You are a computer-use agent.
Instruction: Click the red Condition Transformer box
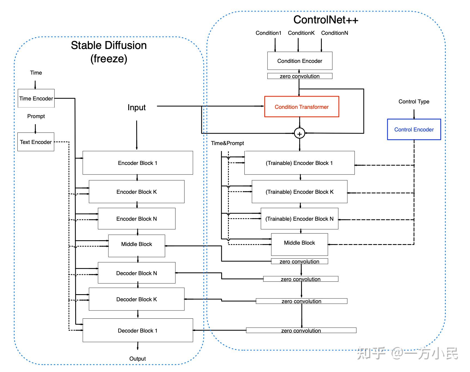point(302,107)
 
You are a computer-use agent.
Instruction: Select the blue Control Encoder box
point(414,130)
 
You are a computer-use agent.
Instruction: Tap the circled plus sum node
point(299,134)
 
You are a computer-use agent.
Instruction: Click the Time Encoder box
point(36,98)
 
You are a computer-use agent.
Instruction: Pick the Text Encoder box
point(36,142)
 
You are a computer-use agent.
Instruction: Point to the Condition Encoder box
point(300,61)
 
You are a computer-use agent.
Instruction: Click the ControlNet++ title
point(326,20)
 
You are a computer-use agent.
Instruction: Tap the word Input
point(137,107)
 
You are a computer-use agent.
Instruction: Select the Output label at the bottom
point(137,359)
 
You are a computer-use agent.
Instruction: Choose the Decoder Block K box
point(137,299)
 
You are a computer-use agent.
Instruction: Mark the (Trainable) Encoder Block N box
point(299,219)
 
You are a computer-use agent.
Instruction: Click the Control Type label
point(414,102)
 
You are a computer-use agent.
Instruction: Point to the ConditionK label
point(301,33)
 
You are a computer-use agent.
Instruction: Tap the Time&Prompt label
point(228,143)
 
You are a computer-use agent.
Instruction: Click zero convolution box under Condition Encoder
point(300,76)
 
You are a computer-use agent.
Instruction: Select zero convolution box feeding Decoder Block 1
point(301,330)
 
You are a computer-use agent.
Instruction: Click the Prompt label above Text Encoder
point(36,116)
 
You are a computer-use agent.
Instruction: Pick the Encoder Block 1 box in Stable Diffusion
point(138,163)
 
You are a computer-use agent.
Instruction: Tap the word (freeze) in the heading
point(109,59)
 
